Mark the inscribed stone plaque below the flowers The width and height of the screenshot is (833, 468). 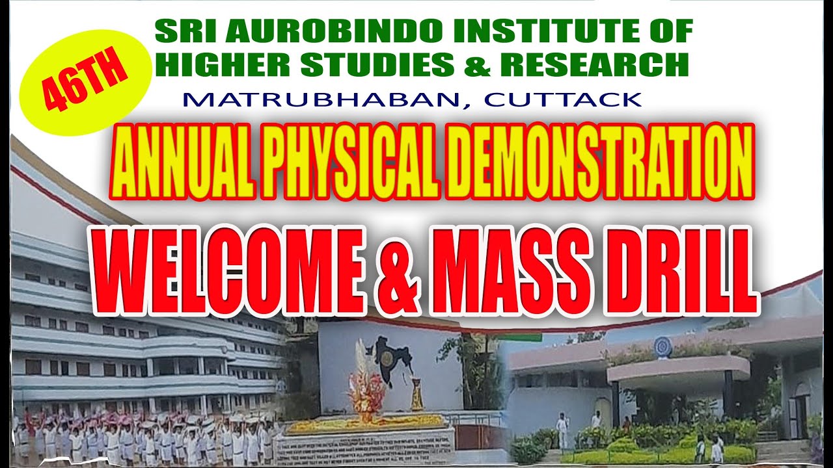[364, 447]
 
